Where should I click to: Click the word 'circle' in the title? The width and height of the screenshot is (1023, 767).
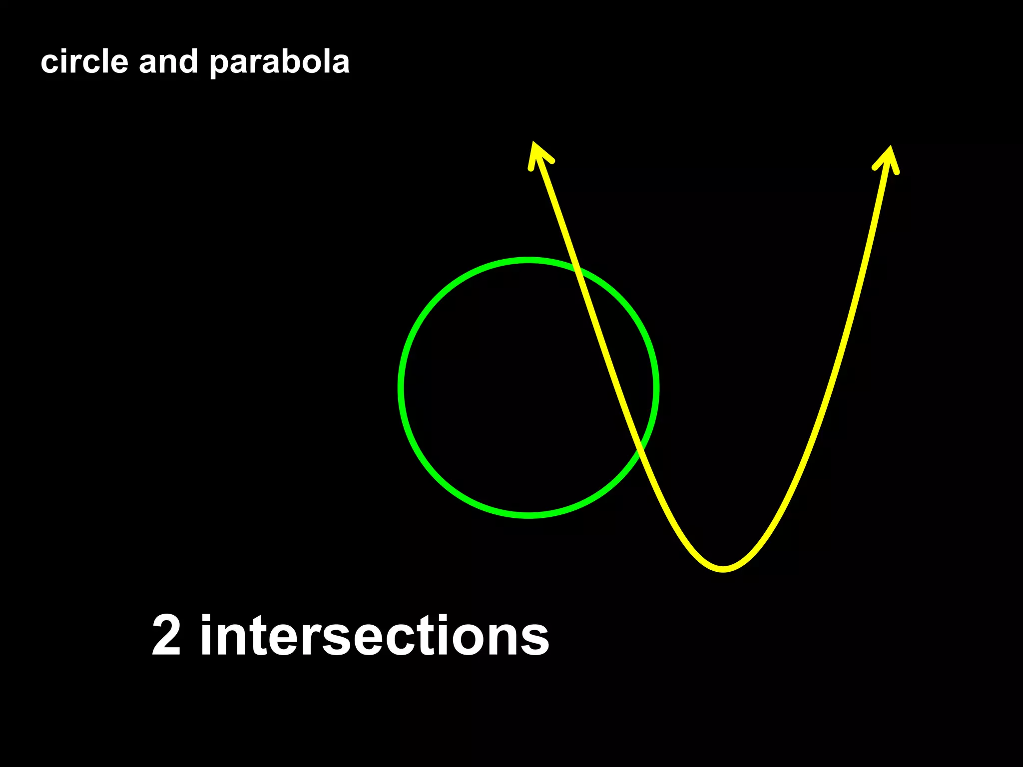(x=84, y=62)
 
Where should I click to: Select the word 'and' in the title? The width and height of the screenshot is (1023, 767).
(x=168, y=62)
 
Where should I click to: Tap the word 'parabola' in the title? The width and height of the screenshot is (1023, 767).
(x=279, y=63)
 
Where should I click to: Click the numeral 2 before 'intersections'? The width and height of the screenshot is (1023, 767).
(x=166, y=635)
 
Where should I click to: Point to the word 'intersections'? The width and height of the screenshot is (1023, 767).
(x=375, y=635)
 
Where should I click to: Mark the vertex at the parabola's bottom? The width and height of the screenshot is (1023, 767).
(x=723, y=569)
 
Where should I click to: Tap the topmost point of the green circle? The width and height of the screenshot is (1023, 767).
(x=528, y=260)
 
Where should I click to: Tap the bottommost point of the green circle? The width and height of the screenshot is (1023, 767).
(x=528, y=515)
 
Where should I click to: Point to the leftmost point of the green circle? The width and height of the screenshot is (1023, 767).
(x=401, y=387)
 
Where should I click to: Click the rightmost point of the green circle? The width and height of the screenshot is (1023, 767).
(x=656, y=387)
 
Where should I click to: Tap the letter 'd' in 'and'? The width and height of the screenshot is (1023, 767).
(x=189, y=62)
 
